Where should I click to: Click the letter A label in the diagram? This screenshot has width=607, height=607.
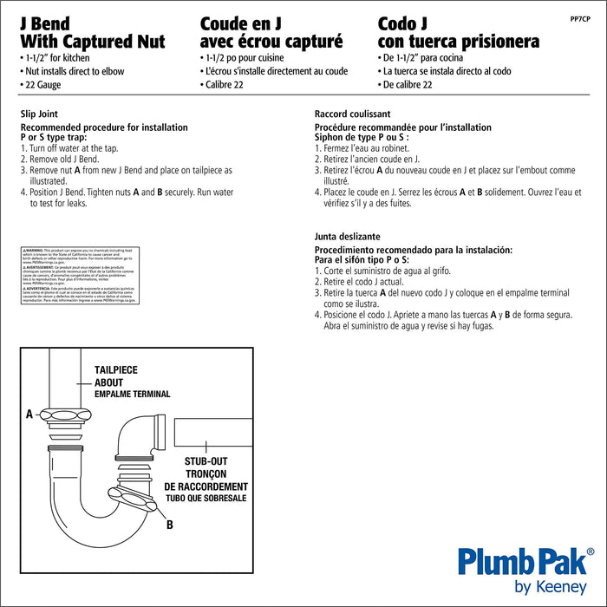click(29, 414)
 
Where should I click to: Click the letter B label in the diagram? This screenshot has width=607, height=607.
click(170, 524)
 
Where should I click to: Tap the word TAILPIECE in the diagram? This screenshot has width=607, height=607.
click(115, 370)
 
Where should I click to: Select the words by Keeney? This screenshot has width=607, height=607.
click(551, 586)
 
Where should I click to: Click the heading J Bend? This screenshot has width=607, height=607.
click(44, 23)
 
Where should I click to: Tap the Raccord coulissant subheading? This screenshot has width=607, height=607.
click(352, 114)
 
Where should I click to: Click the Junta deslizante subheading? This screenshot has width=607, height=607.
click(347, 236)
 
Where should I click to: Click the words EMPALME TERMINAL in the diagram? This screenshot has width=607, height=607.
click(132, 394)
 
